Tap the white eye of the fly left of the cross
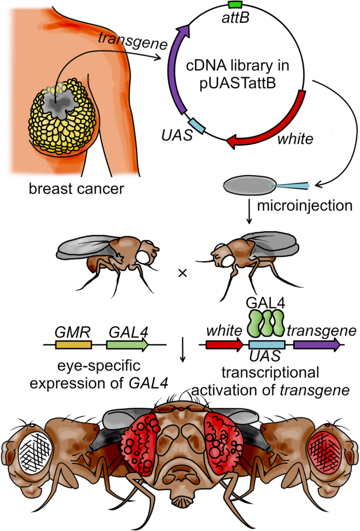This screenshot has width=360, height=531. [143, 257]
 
